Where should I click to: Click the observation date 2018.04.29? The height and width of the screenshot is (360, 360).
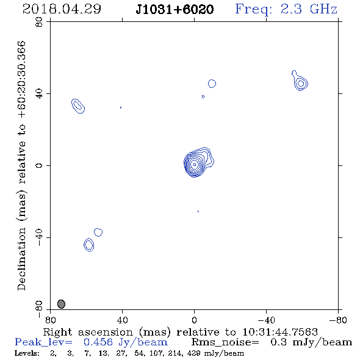click(x=62, y=9)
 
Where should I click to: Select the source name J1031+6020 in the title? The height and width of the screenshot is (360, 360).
click(x=175, y=9)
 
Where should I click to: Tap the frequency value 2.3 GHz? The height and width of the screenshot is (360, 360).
click(x=309, y=9)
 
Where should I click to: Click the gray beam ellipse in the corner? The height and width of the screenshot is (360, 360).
click(x=61, y=304)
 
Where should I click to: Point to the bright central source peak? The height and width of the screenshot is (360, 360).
click(x=195, y=164)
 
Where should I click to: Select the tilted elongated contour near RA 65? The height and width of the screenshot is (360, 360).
click(x=78, y=106)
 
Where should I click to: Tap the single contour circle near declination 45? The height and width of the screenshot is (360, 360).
click(x=212, y=84)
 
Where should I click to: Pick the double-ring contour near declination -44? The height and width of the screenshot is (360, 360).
click(x=89, y=245)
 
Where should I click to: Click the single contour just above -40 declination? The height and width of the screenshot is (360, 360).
click(x=98, y=232)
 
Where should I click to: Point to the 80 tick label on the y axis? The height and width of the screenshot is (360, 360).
click(x=39, y=22)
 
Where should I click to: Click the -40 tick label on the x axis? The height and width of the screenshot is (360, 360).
click(x=266, y=320)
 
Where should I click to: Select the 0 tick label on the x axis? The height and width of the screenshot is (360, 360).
click(x=194, y=320)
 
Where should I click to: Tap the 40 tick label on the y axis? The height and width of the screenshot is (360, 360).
click(x=39, y=94)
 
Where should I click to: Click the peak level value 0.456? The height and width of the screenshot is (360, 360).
click(x=98, y=342)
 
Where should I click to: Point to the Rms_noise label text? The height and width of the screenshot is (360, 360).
click(x=225, y=342)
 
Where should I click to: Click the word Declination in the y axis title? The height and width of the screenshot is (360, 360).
click(x=21, y=259)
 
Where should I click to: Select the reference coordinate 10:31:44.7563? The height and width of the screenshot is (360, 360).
click(x=280, y=332)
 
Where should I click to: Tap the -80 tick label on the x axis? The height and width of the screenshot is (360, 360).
click(x=338, y=320)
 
